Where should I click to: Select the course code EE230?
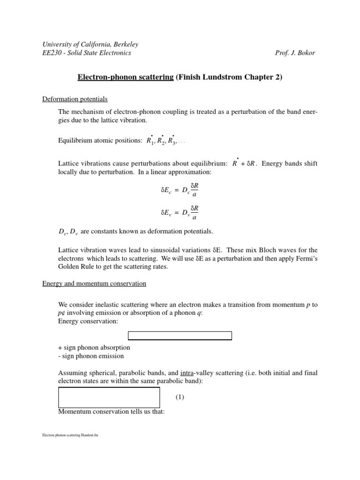51,53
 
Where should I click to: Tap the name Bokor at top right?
306,53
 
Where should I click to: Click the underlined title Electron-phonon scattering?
125,77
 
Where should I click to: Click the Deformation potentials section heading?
75,99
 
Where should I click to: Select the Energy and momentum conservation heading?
94,284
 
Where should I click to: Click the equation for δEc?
180,191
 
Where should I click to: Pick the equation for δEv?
180,213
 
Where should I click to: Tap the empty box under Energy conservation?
180,336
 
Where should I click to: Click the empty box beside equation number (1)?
109,397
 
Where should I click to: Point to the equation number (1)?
180,397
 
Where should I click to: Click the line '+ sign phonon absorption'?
94,348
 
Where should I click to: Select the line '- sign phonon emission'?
91,356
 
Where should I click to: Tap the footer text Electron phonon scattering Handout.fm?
70,435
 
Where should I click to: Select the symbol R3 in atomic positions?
173,141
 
